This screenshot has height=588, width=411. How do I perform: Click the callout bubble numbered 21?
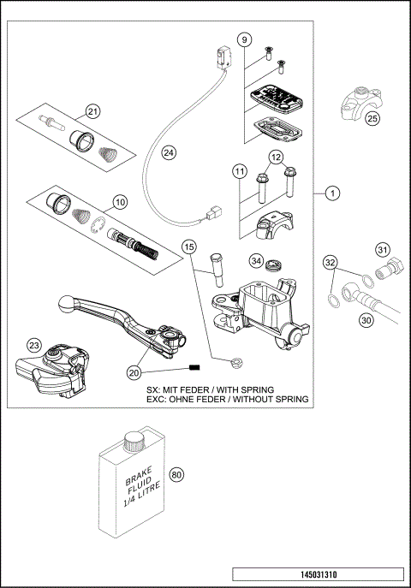[x=92, y=110]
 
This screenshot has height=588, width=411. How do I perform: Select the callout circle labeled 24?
[x=169, y=152]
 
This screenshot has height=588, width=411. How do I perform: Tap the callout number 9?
[x=244, y=40]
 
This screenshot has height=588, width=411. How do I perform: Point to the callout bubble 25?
[x=372, y=119]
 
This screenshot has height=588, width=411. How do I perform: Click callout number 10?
[x=119, y=203]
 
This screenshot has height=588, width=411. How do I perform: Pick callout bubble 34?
[x=256, y=260]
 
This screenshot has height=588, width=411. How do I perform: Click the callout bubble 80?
[x=177, y=474]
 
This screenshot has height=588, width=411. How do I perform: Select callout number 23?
[x=33, y=345]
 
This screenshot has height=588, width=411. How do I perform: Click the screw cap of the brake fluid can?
[x=134, y=442]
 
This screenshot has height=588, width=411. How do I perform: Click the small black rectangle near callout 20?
[x=194, y=368]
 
